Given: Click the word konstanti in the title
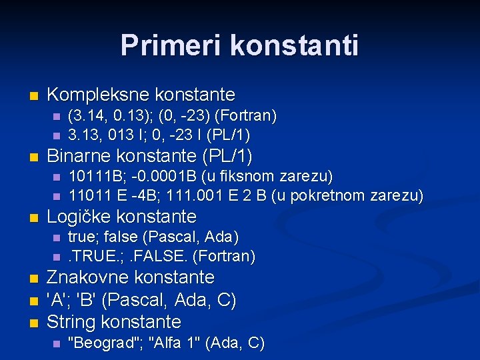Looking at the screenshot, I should [295, 46].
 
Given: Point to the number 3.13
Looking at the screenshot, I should [83, 135].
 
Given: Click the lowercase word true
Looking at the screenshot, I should [82, 237].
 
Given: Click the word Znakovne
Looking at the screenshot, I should [87, 277].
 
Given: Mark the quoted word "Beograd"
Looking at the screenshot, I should [105, 343].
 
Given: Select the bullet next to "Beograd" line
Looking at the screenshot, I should [56, 344].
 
